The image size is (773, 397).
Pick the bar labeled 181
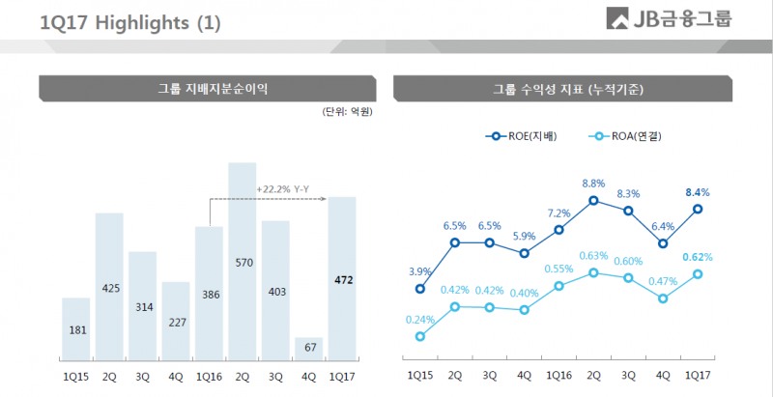click(77, 329)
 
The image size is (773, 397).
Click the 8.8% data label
click(593, 184)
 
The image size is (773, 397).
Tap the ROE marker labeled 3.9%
click(420, 288)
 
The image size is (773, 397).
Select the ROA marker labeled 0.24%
click(420, 336)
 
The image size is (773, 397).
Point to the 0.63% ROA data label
click(593, 256)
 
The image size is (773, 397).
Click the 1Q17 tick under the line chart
click(697, 374)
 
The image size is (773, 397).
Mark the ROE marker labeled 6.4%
click(663, 243)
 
